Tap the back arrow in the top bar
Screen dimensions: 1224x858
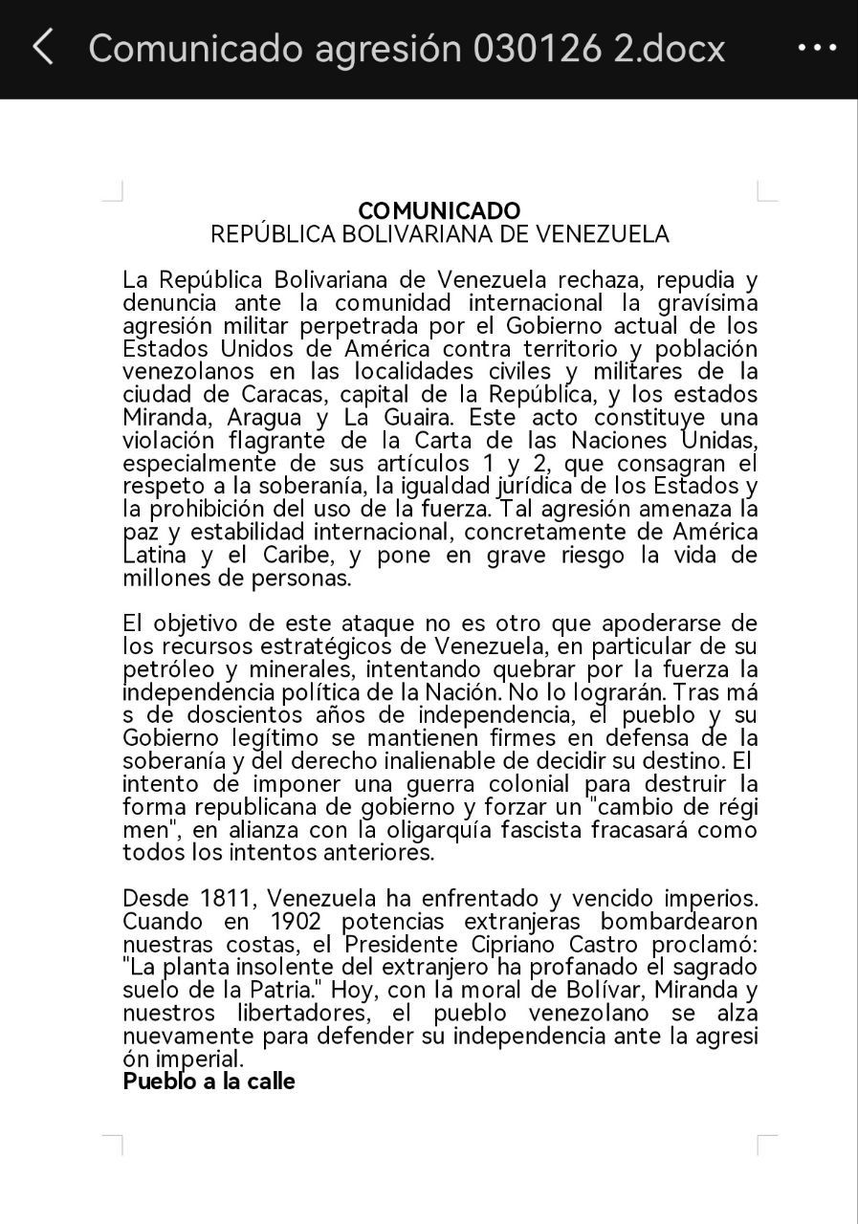(x=43, y=47)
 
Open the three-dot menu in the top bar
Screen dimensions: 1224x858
(x=817, y=48)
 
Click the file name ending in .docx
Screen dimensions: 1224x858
(x=407, y=48)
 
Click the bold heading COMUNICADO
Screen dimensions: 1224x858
(x=439, y=210)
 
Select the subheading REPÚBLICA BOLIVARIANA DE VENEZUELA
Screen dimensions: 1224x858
(x=439, y=234)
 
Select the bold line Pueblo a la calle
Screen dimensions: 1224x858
(x=209, y=1082)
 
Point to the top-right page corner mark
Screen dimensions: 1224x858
(x=767, y=191)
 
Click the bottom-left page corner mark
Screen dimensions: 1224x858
(x=113, y=1145)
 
